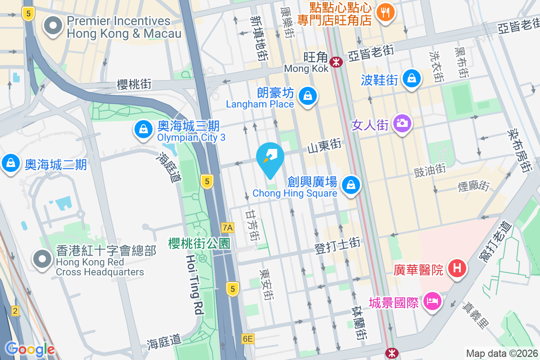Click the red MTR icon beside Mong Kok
[x=336, y=62]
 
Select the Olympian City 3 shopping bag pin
[x=143, y=129]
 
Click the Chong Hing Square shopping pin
[x=350, y=185]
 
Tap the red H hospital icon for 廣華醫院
[x=457, y=269]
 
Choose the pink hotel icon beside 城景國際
[x=432, y=301]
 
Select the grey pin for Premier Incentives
[x=54, y=26]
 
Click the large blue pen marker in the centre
[x=270, y=159]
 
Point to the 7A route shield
[x=228, y=227]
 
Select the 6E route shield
[x=247, y=339]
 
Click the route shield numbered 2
[x=16, y=311]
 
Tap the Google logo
[x=30, y=349]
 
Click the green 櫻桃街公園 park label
[x=199, y=244]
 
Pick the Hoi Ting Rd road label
[x=195, y=284]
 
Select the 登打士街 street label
[x=337, y=246]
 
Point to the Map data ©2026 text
[x=501, y=354]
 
